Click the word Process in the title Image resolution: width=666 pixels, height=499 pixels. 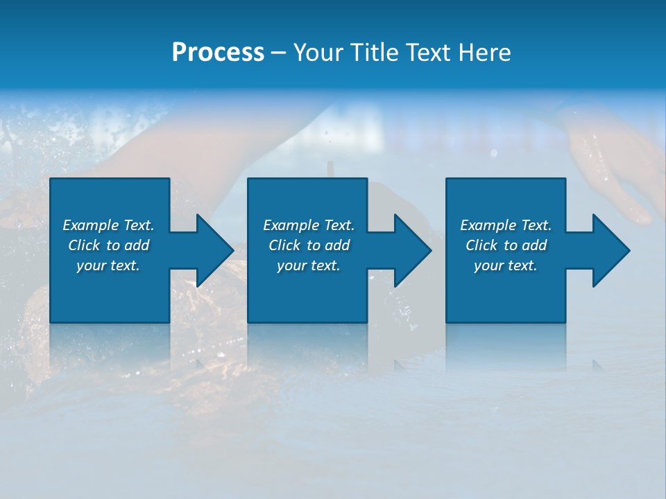pyautogui.click(x=218, y=53)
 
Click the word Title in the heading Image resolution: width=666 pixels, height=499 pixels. pyautogui.click(x=375, y=53)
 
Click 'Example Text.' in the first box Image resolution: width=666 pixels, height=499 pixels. pyautogui.click(x=108, y=225)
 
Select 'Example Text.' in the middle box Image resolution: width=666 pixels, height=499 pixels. pyautogui.click(x=309, y=225)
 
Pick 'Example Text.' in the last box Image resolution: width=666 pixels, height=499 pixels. pyautogui.click(x=506, y=225)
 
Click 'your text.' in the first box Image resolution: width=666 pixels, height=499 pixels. pyautogui.click(x=108, y=265)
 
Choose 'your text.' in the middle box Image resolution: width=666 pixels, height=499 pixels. pyautogui.click(x=309, y=265)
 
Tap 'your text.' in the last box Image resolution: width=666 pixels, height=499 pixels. pyautogui.click(x=506, y=265)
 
